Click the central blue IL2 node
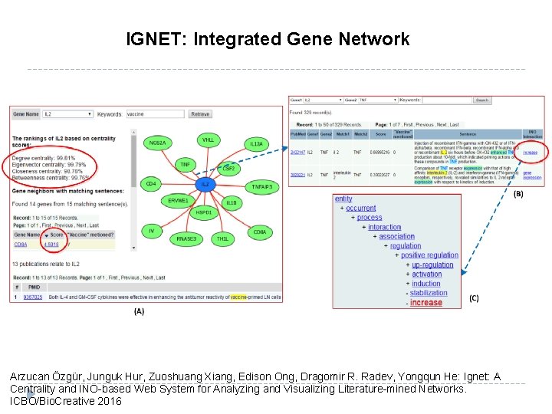coord(205,184)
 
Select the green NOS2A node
coord(158,142)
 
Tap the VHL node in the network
coord(208,140)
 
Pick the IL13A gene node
coord(256,144)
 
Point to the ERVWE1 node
coord(178,201)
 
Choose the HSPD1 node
coord(203,212)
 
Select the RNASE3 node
coord(186,238)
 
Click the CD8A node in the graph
coord(260,232)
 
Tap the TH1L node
coord(222,239)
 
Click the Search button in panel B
coord(481,100)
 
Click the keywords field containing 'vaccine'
coord(156,114)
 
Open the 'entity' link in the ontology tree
coord(343,199)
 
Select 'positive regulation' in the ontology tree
coord(429,255)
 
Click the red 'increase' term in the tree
coord(426,303)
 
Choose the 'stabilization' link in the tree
coord(429,293)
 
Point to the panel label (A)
coord(139,311)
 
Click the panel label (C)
coord(474,298)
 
